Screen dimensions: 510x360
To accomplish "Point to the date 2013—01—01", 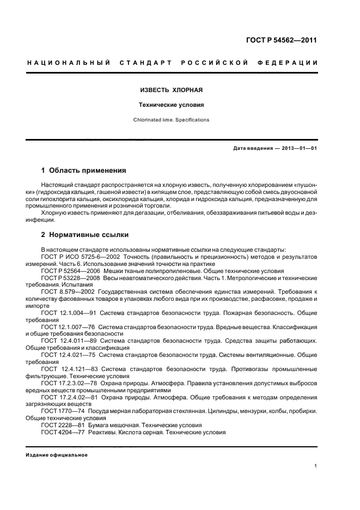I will [x=299, y=148].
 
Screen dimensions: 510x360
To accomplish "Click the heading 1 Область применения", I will [x=83, y=171].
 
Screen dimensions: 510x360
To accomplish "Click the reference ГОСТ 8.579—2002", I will [x=66, y=292].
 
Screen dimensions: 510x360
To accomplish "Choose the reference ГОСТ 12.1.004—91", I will [x=69, y=313].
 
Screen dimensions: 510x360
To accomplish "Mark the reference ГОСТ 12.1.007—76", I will [x=69, y=327].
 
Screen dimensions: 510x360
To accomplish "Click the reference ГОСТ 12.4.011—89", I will [x=69, y=341].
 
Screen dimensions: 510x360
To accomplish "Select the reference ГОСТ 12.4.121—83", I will [x=69, y=369].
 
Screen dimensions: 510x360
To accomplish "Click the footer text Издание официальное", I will [x=57, y=455].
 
